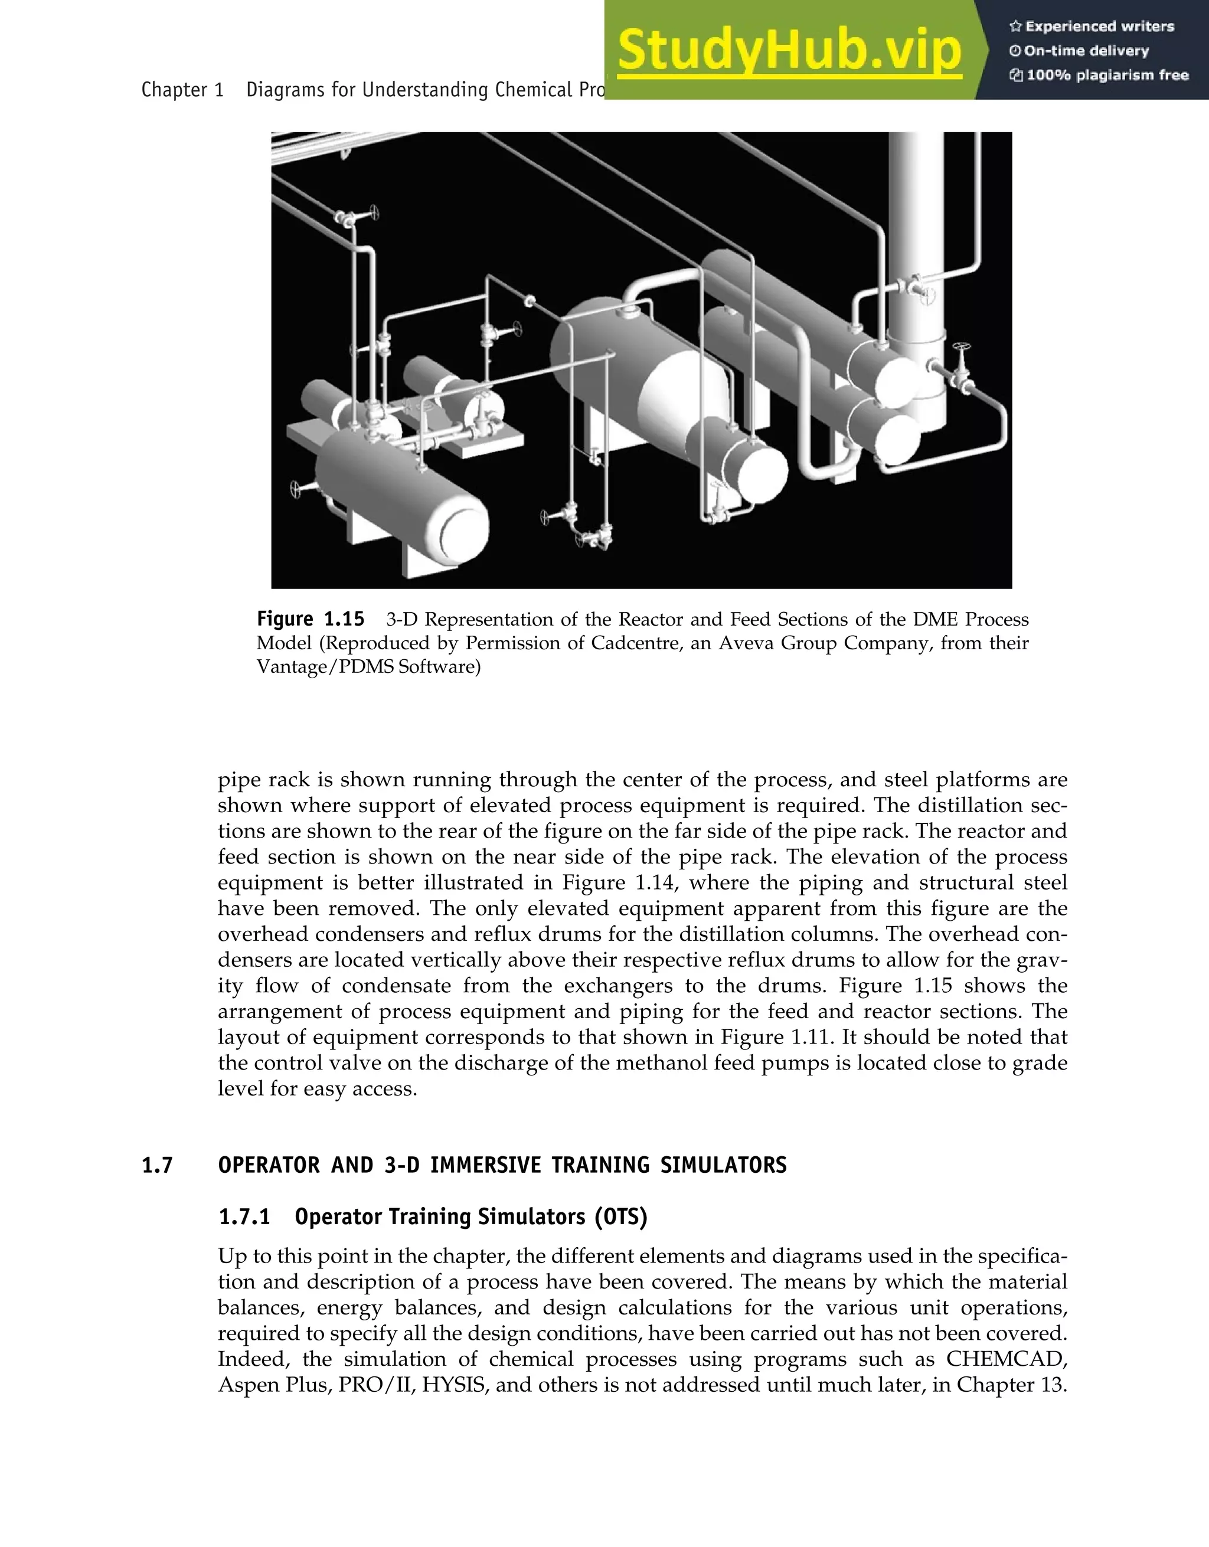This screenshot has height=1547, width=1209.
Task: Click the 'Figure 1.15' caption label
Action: click(310, 619)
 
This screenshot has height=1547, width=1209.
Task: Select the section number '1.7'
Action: click(157, 1166)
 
